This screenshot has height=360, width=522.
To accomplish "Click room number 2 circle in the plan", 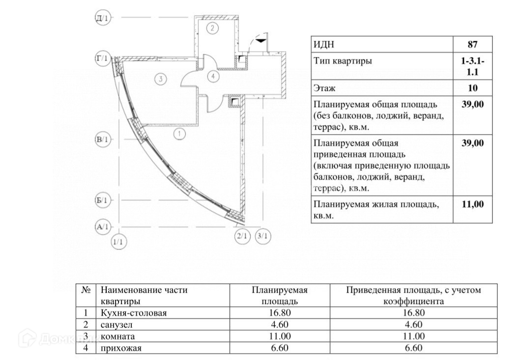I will (212, 28).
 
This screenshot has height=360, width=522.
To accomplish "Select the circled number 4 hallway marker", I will (212, 77).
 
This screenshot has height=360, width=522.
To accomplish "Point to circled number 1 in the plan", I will (180, 133).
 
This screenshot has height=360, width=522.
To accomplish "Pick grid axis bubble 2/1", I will (242, 237).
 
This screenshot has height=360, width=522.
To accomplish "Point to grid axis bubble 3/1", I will (263, 237).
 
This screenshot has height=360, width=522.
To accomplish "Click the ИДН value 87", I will (472, 44).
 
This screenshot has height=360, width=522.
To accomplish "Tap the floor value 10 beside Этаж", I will (472, 88).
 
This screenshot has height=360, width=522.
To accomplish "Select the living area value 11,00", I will (472, 204).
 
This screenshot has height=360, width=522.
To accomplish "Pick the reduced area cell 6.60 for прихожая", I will (413, 348).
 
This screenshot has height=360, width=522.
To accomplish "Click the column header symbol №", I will (86, 290).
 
